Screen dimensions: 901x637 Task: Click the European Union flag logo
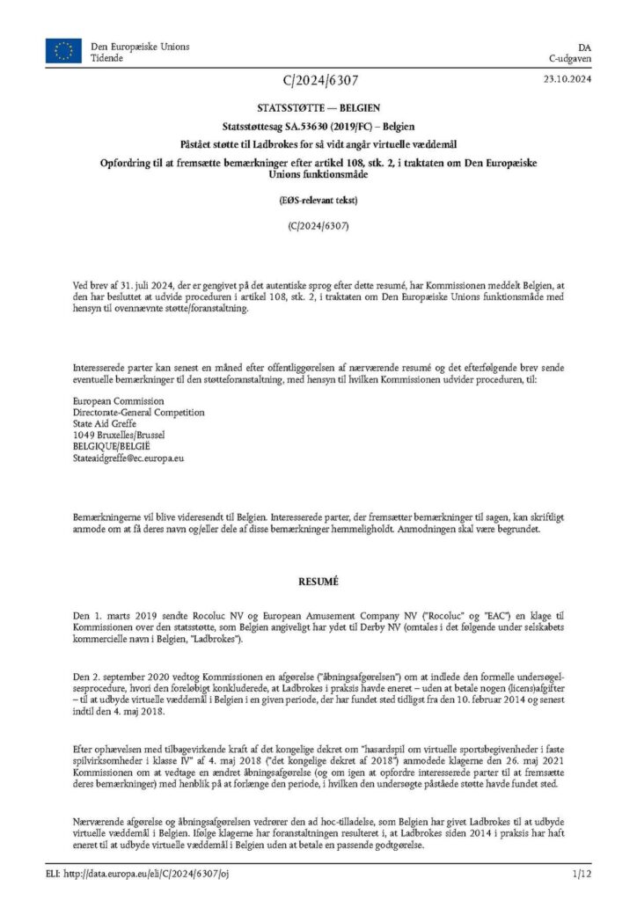63,52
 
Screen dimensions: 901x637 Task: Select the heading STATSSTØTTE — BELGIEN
318,111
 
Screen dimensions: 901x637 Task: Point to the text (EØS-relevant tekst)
318,201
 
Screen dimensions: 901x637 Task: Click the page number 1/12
582,873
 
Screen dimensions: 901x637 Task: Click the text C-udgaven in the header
570,58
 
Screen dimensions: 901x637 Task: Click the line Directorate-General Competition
138,412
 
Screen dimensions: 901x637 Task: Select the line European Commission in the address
113,400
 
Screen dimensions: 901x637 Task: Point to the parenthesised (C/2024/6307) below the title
318,225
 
